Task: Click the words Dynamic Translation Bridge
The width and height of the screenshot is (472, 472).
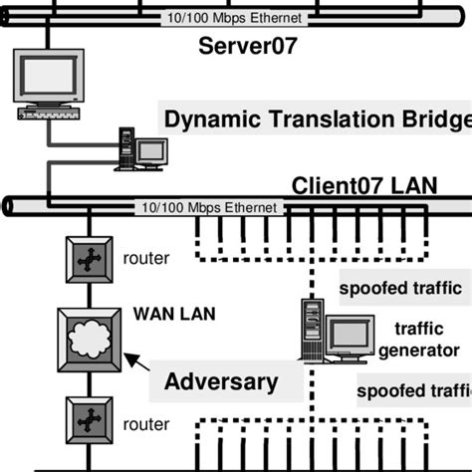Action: pyautogui.click(x=317, y=120)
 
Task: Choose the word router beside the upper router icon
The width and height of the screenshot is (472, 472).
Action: pyautogui.click(x=146, y=259)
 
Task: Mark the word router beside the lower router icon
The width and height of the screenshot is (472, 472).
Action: pyautogui.click(x=146, y=424)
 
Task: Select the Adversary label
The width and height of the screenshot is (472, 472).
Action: pyautogui.click(x=220, y=380)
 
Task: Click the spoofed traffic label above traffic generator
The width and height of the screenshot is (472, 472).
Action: pyautogui.click(x=400, y=289)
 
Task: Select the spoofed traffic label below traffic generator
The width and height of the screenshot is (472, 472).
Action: pyautogui.click(x=413, y=389)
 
